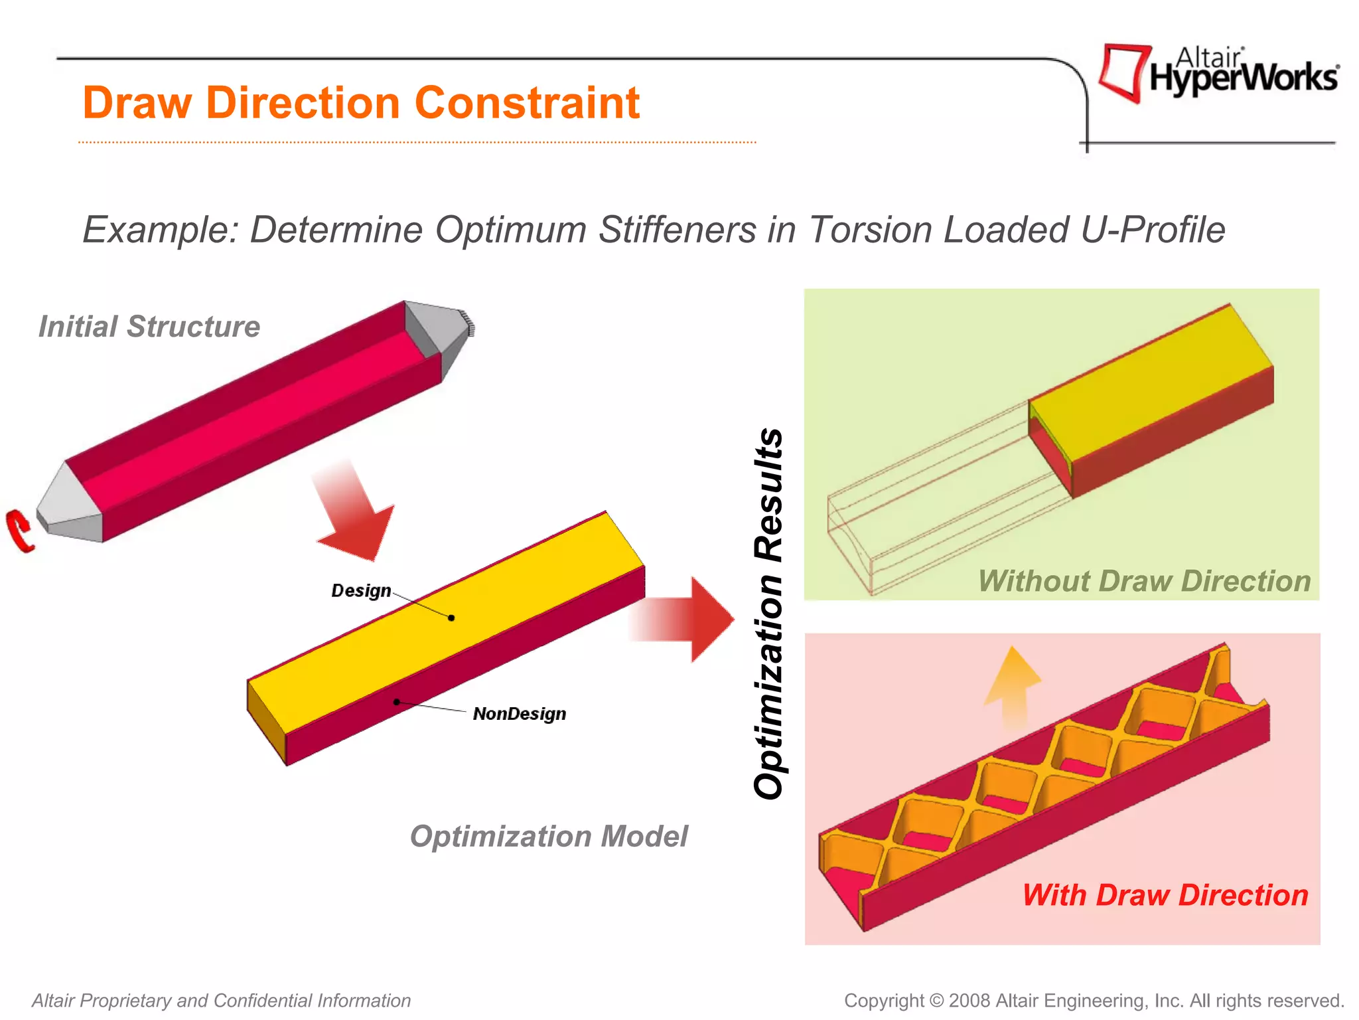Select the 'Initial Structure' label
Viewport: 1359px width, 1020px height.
point(149,327)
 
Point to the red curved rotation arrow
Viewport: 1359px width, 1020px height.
point(20,530)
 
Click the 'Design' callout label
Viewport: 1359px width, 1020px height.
point(361,590)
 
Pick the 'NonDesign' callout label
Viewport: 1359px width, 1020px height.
point(520,714)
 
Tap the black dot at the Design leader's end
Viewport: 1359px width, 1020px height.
point(451,618)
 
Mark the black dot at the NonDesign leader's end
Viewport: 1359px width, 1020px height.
point(396,701)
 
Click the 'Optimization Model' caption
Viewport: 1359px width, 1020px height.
point(549,836)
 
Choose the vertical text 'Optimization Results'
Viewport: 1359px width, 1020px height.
point(769,614)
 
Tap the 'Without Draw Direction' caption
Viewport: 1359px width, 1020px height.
point(1144,581)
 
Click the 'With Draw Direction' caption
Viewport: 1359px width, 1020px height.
point(1165,895)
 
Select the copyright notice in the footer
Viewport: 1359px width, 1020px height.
point(1094,1000)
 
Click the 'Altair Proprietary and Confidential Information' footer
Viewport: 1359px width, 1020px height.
point(222,1000)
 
